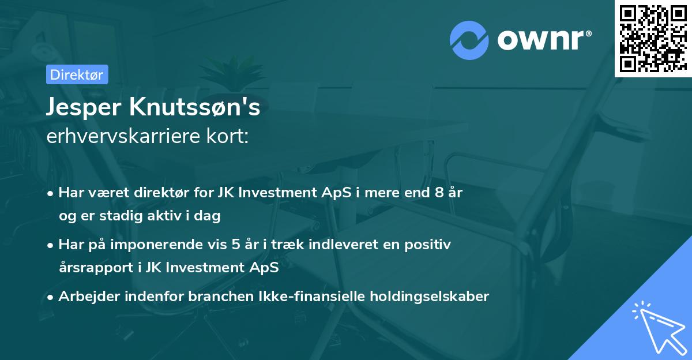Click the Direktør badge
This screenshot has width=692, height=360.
coord(77,74)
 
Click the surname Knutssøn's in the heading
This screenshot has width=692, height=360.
coord(197,107)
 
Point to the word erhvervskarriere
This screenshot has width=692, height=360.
coord(126,137)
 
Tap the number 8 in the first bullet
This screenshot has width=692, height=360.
coord(439,193)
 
